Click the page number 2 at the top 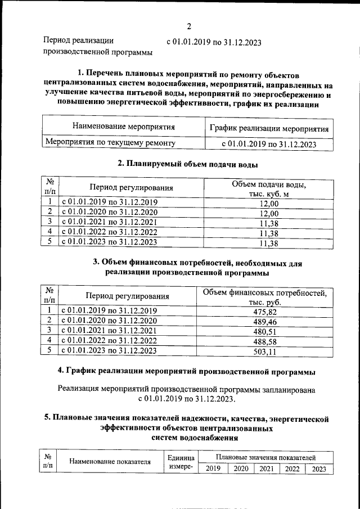point(190,26)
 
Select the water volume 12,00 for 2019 point(268,204)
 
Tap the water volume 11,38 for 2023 point(268,244)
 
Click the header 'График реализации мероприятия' point(269,128)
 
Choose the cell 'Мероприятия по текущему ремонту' point(110,143)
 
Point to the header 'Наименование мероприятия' point(123,127)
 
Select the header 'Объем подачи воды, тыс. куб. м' point(268,189)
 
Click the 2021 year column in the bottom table point(266,469)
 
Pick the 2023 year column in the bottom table point(318,469)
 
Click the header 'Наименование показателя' point(110,462)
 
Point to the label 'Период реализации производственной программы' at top point(97,47)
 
